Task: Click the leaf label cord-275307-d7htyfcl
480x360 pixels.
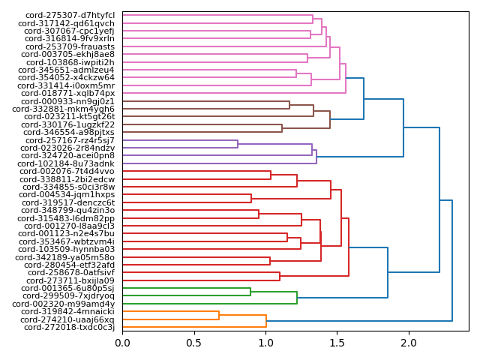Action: coord(70,15)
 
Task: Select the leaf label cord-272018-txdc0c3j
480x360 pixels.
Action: coord(69,327)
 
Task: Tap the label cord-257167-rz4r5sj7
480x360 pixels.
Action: coord(70,140)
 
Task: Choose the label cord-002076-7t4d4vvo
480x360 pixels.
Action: coord(70,171)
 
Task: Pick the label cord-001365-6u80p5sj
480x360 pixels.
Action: coord(69,288)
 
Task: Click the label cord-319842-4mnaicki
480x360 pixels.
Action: coord(70,311)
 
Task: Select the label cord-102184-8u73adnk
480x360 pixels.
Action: coord(70,163)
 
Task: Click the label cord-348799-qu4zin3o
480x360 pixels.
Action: coord(70,210)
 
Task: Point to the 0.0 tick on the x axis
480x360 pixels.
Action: coord(122,343)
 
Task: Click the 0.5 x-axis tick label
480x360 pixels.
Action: coord(194,343)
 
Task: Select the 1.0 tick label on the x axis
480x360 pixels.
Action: coord(265,343)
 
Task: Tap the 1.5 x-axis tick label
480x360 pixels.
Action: coord(337,343)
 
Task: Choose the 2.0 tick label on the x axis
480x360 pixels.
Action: coord(409,343)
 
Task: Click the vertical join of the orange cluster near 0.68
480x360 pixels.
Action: coord(219,315)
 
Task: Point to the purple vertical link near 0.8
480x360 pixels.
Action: coord(238,144)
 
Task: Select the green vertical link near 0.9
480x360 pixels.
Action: coord(250,292)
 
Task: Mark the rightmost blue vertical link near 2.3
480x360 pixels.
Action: coord(452,261)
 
